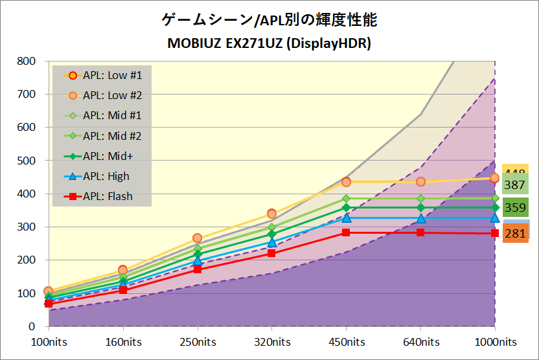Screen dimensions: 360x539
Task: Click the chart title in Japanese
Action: pos(269,20)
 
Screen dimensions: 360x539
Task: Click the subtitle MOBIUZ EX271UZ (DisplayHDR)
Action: pos(269,43)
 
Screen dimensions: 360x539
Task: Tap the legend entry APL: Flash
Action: pos(108,196)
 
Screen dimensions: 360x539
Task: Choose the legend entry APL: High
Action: pos(106,176)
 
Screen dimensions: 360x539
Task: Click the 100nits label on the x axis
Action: pos(49,342)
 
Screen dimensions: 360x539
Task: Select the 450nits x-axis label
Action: pos(346,342)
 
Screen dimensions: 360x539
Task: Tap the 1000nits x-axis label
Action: pos(496,342)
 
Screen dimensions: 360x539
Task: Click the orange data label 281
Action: pos(515,234)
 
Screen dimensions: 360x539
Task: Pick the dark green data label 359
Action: pos(515,208)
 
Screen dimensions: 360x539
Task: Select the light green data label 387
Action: pos(515,185)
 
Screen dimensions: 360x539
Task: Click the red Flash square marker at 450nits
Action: pos(346,232)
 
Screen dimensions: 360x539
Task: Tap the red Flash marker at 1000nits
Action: pos(495,233)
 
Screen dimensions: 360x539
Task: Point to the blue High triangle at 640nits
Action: pos(420,218)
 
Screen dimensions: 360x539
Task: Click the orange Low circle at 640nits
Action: pos(420,182)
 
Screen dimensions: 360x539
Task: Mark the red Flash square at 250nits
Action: pos(197,269)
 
